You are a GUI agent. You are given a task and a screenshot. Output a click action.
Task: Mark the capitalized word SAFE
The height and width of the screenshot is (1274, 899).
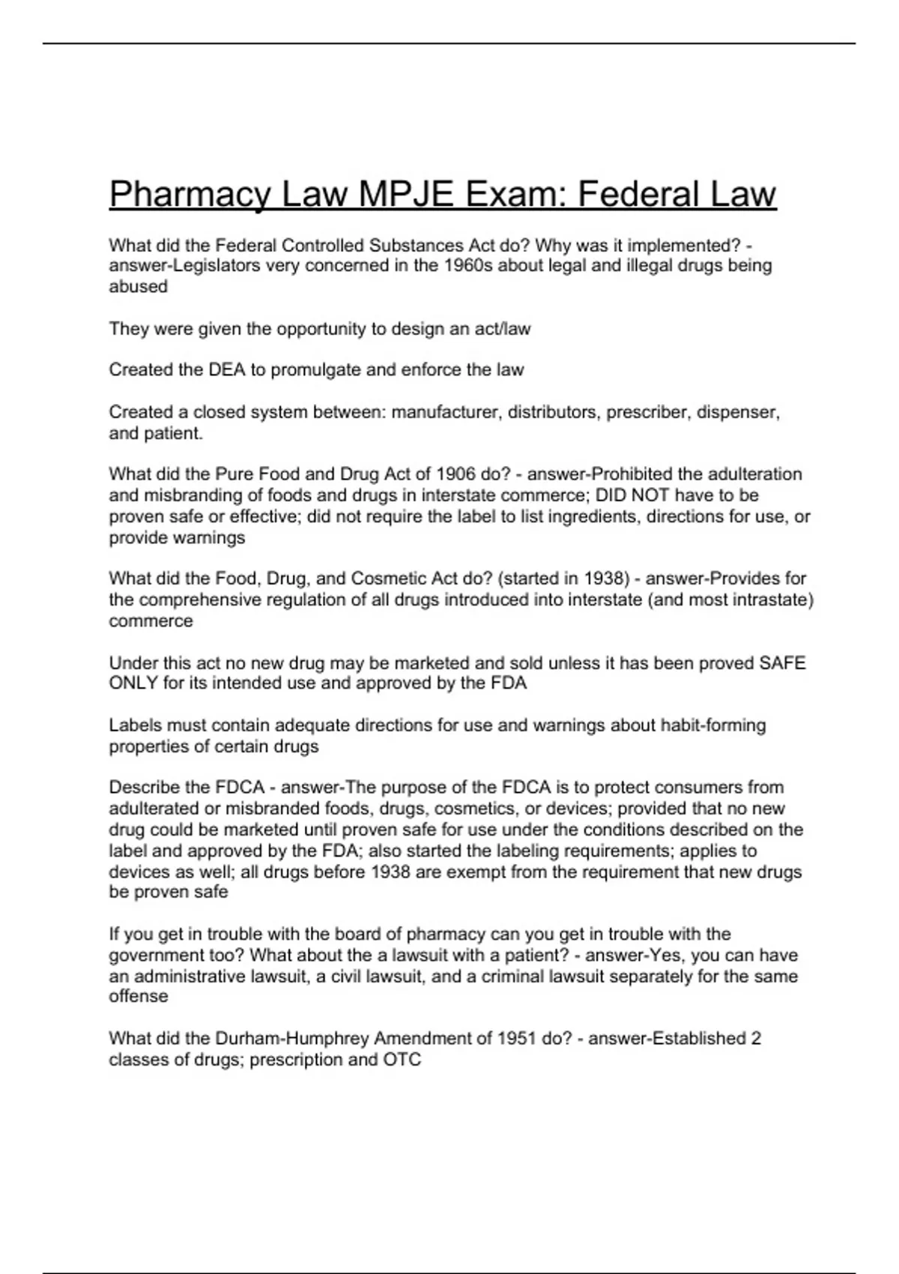[x=782, y=663]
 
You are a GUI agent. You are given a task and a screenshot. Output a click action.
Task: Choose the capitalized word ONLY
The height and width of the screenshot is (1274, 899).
[x=133, y=683]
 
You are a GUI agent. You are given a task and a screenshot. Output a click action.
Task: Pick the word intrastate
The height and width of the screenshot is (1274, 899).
[x=768, y=600]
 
